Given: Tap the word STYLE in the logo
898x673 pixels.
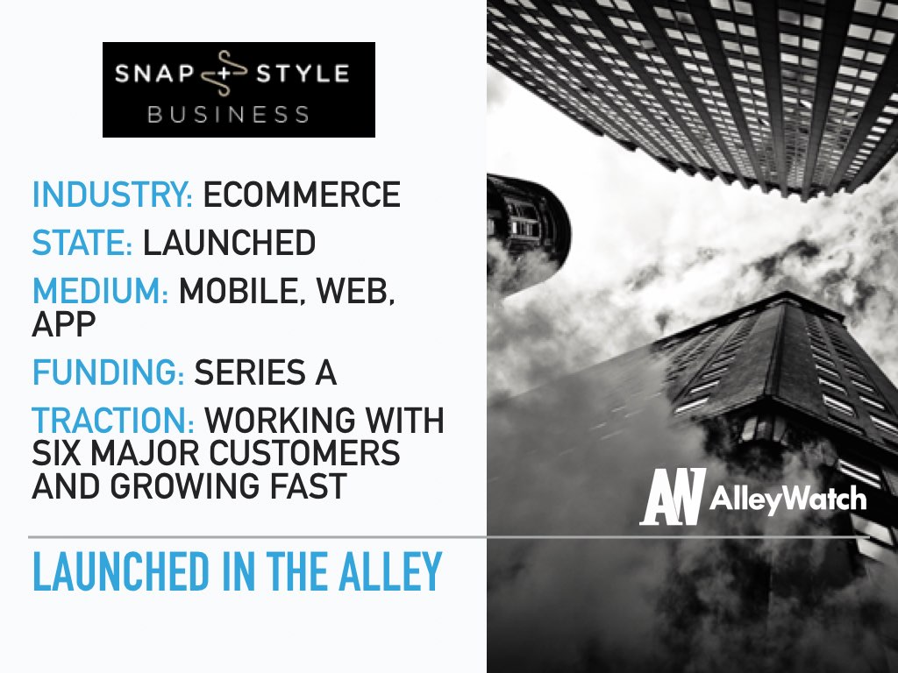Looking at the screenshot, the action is pos(303,74).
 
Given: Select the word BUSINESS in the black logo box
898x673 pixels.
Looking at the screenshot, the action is pos(229,115).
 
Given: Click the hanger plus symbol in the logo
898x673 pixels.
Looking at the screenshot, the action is pos(224,74).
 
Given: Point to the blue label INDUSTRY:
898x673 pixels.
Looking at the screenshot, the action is pos(112,195).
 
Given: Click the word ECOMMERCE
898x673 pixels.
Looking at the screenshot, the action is pos(302,195).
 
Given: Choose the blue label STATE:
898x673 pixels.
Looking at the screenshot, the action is pos(82,243).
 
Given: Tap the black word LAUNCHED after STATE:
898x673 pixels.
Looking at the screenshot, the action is pos(229,243).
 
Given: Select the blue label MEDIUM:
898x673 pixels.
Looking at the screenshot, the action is pos(100,291).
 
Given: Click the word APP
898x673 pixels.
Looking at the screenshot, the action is pos(63,324).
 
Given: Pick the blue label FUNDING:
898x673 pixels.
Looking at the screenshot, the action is pos(108,372).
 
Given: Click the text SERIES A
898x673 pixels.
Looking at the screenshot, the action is pos(265,372).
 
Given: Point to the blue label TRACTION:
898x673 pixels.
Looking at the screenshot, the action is pos(113,421).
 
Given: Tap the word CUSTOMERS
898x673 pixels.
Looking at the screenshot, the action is pos(304,453).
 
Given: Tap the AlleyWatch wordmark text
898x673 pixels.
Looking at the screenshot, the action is pos(788,499).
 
